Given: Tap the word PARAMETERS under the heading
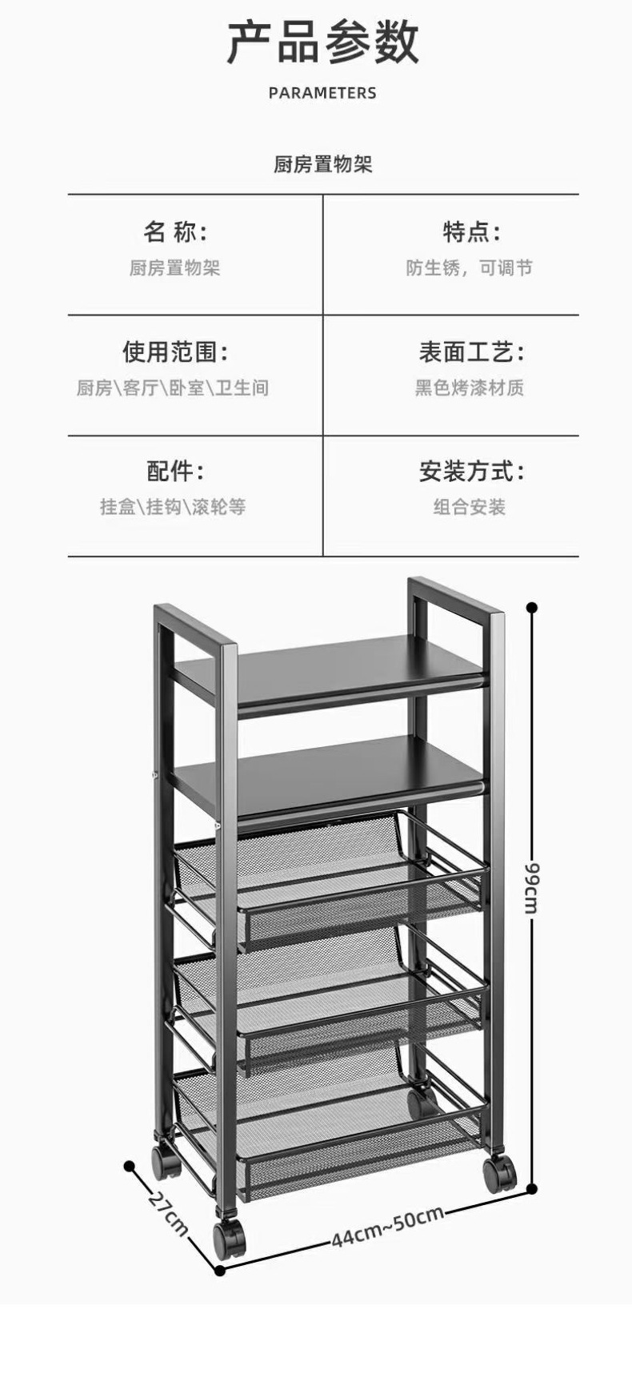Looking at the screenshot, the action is coord(322,93).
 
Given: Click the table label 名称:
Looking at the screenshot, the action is coord(175,232).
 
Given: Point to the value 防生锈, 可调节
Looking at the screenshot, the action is coord(469,267).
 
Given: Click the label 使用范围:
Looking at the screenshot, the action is coord(175,352).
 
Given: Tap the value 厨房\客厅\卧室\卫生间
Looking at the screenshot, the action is coord(173,388).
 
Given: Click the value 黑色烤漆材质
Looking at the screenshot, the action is coord(469,388).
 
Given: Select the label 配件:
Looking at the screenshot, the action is coord(175,471).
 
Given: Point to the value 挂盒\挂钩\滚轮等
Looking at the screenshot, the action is coord(173,507).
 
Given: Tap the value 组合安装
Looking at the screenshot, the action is coord(470,507).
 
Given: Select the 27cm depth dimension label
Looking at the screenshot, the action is coord(168,1214).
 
